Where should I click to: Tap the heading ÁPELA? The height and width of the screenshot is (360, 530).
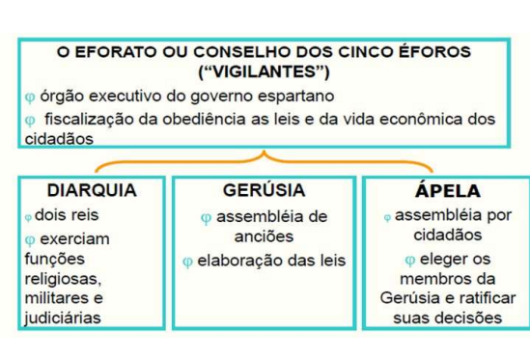440,191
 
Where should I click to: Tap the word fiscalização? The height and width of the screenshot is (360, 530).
86,119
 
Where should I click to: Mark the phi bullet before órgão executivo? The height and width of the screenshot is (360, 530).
30,97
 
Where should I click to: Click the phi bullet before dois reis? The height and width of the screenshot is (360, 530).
30,216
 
